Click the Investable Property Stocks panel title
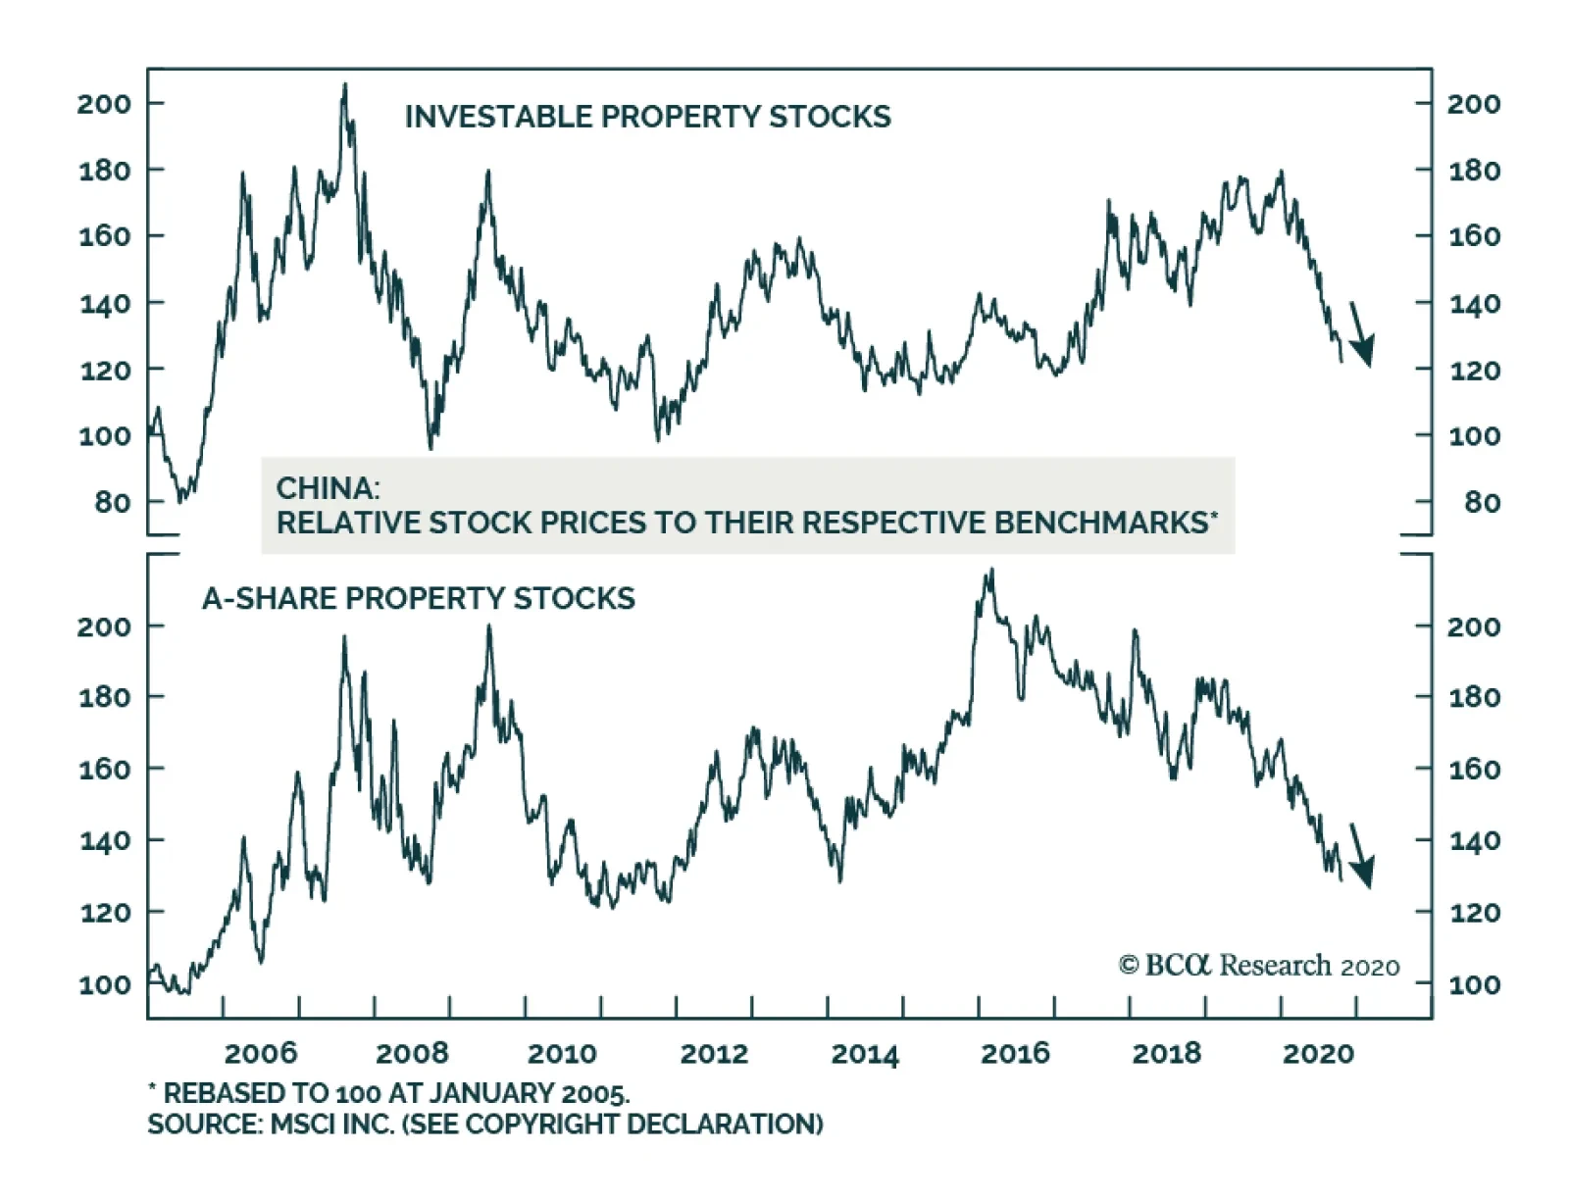point(647,117)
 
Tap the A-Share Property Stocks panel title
point(419,598)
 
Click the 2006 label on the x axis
point(260,1054)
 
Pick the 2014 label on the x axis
point(865,1054)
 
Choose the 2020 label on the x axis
point(1318,1054)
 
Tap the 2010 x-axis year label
point(562,1054)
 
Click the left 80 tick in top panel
point(112,502)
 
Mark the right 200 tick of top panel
point(1474,103)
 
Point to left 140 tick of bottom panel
point(104,840)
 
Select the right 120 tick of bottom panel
point(1474,913)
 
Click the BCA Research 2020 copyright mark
point(1259,966)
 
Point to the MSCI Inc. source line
point(485,1124)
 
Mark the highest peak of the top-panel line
point(344,85)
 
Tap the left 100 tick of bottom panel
point(104,984)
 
